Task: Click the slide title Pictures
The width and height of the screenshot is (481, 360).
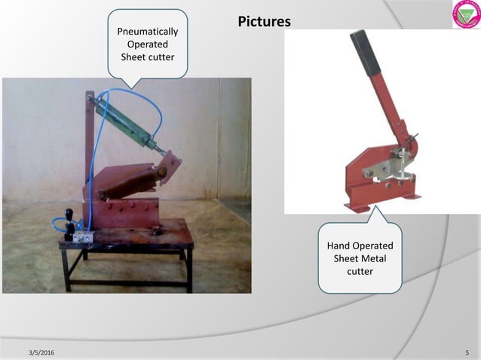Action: coord(264,22)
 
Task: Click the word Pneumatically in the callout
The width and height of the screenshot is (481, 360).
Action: coord(148,32)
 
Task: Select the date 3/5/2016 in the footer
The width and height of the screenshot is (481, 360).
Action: coord(41,352)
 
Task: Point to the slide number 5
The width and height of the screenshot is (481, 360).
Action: coord(467,352)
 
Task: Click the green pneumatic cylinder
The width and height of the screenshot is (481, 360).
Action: coord(124,121)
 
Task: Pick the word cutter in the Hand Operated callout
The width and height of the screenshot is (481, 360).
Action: coord(360,271)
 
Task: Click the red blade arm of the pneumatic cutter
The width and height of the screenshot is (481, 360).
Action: coord(128,181)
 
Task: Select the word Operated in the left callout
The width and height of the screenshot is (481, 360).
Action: coord(148,44)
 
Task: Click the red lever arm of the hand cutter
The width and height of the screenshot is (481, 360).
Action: coord(387,113)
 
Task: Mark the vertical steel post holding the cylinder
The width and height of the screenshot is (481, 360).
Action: coord(90,151)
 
